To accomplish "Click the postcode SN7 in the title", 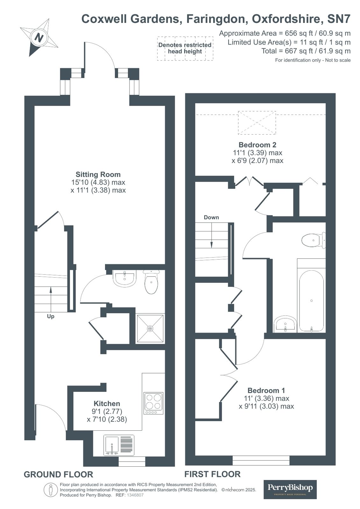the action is (x=339, y=19).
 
